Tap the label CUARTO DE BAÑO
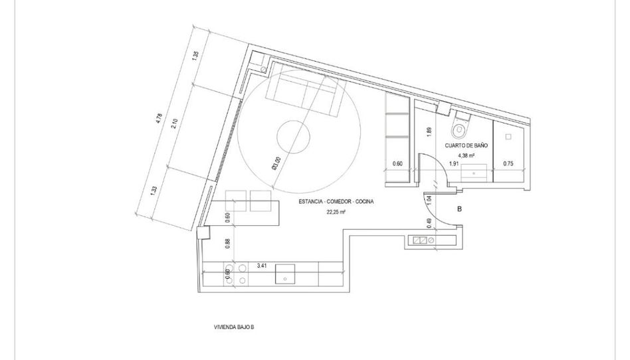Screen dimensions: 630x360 [x=466, y=145]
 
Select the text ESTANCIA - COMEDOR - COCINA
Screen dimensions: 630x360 [x=336, y=202]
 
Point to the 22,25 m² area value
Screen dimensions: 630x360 [x=336, y=212]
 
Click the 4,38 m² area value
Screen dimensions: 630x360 [x=466, y=155]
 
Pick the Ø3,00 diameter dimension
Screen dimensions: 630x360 [x=276, y=163]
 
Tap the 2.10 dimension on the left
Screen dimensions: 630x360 [x=173, y=124]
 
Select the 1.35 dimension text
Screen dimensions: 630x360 [x=195, y=56]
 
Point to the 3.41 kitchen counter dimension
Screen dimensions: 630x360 [x=262, y=266]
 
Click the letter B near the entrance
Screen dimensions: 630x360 [x=460, y=209]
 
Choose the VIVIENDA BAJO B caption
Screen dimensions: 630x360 [x=234, y=327]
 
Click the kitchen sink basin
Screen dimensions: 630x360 [x=285, y=274]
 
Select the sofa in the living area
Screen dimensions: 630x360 [x=305, y=91]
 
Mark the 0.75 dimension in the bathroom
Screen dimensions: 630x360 [x=508, y=163]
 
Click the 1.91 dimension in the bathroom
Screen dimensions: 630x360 [x=454, y=163]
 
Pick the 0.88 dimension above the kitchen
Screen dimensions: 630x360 [x=227, y=244]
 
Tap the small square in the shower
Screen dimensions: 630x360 [x=508, y=137]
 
